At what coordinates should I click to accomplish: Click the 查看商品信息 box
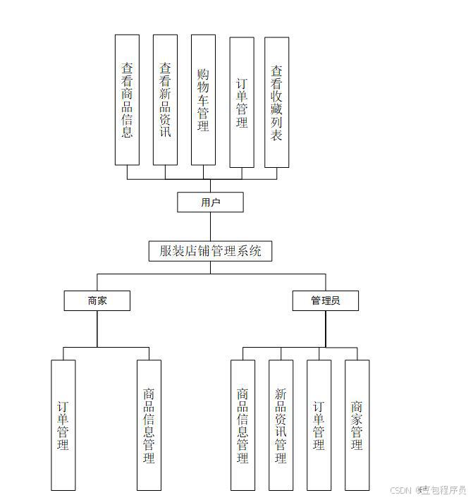pos(127,99)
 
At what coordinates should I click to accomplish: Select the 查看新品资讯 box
pos(165,99)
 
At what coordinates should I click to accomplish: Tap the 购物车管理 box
pos(203,99)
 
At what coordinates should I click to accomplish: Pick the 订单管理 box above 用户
pos(242,102)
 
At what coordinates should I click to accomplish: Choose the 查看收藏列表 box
pos(276,102)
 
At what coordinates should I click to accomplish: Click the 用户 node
pos(210,202)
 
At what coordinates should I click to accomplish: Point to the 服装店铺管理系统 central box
pos(210,250)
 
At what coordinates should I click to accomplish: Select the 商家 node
pos(97,300)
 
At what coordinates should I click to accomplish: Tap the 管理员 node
pos(325,300)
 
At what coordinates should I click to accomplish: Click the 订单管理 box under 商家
pos(63,425)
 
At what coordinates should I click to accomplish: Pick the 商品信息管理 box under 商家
pos(149,425)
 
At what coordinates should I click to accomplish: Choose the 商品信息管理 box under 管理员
pos(242,425)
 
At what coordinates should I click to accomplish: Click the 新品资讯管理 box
pos(281,425)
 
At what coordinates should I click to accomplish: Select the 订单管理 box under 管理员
pos(319,425)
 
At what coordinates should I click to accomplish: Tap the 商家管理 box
pos(357,425)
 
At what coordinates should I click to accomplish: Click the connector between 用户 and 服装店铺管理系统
pos(210,226)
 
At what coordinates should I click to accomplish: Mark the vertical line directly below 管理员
pos(326,329)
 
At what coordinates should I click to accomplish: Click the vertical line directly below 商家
pos(97,329)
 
